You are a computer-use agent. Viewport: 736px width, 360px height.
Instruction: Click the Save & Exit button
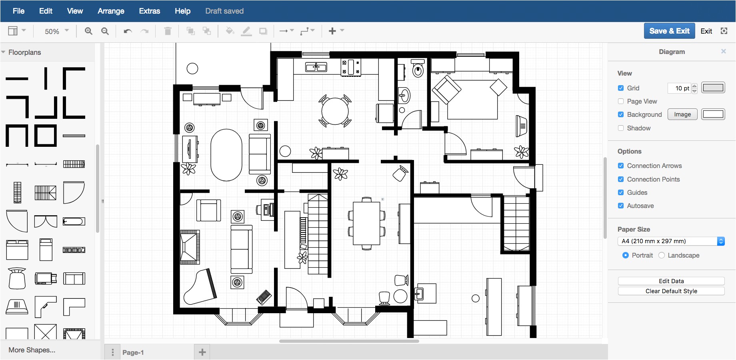(x=669, y=31)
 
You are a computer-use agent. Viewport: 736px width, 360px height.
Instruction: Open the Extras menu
(x=150, y=11)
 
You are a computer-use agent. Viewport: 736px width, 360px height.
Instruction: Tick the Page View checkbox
(x=621, y=101)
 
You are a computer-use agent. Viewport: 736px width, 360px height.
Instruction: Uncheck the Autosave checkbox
(x=621, y=206)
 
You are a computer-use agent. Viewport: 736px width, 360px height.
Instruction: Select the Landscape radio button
(x=662, y=255)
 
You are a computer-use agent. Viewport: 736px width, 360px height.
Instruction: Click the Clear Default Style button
(x=671, y=291)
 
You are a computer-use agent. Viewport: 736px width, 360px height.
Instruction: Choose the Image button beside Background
(x=682, y=114)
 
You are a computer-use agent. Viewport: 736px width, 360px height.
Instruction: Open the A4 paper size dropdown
(x=671, y=241)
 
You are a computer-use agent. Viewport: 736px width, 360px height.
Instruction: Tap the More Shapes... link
(x=32, y=350)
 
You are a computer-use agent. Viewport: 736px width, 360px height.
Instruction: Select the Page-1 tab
(x=133, y=352)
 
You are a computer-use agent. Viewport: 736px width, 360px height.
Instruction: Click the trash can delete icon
(x=168, y=31)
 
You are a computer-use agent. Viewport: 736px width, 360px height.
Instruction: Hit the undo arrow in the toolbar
(x=128, y=31)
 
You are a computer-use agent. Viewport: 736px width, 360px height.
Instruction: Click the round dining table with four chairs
(x=335, y=111)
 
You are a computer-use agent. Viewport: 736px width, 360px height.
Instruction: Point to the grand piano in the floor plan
(x=199, y=287)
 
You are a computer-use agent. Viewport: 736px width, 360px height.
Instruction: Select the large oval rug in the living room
(x=226, y=155)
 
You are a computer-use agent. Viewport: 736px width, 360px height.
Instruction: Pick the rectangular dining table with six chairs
(x=366, y=223)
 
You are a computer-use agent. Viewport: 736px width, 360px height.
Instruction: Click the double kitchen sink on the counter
(x=316, y=67)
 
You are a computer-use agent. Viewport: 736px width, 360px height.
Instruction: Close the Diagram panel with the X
(x=723, y=51)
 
